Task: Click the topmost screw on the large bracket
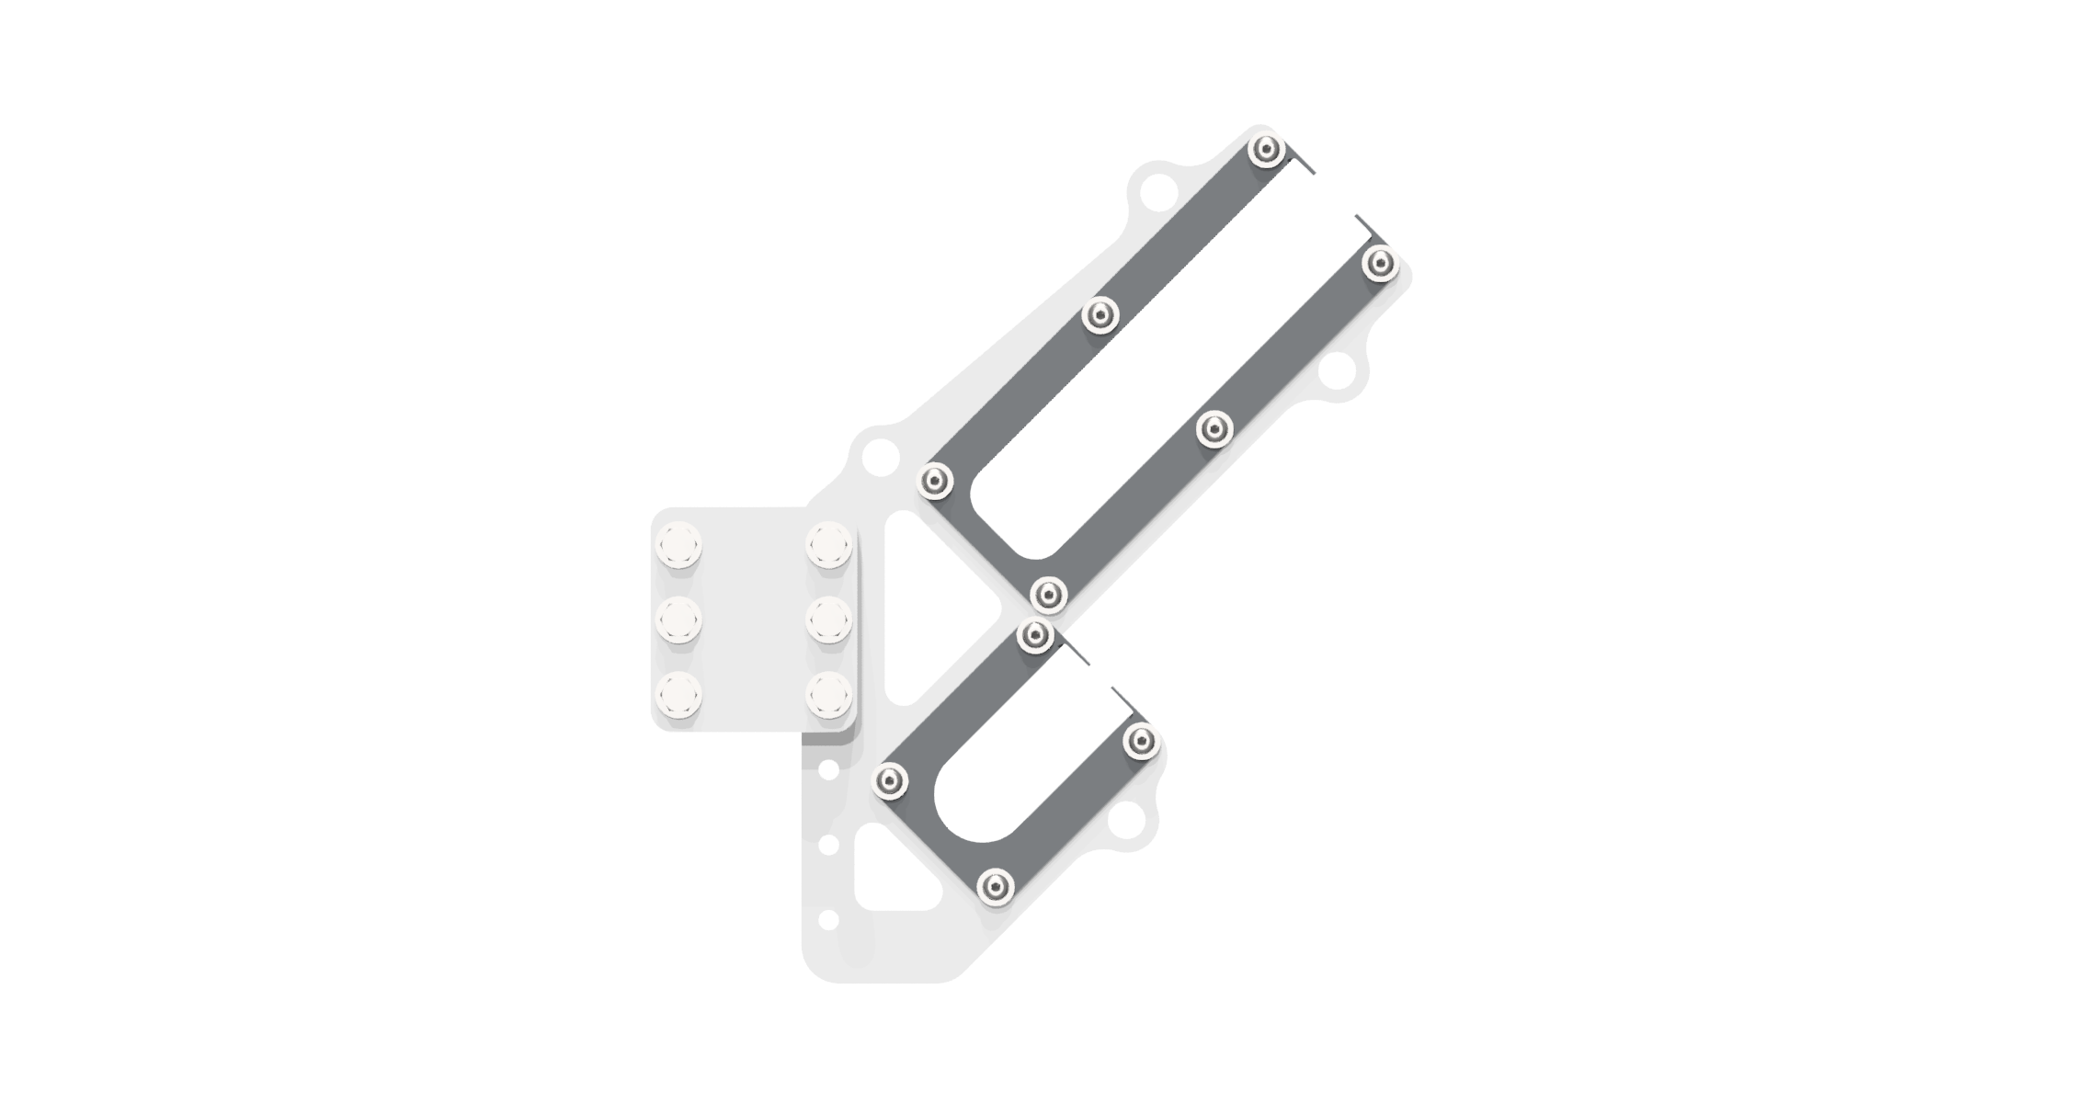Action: coord(1267,150)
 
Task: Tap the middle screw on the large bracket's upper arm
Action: coord(1100,315)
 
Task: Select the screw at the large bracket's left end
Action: coord(936,481)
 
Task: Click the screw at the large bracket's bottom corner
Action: coord(1049,595)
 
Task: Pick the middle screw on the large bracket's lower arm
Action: coord(1214,429)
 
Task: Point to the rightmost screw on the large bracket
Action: coord(1380,264)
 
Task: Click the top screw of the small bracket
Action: coord(1035,634)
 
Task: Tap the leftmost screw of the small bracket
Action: coord(890,781)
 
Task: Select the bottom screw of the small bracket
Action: coord(996,887)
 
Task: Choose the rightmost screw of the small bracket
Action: coord(1141,741)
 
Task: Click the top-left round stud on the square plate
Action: coord(678,544)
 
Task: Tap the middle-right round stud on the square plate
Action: coord(829,620)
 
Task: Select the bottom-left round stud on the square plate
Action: coord(678,695)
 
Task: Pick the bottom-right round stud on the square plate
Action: coord(829,695)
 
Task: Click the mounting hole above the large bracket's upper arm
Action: coord(1157,192)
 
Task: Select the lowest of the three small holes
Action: coord(828,919)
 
